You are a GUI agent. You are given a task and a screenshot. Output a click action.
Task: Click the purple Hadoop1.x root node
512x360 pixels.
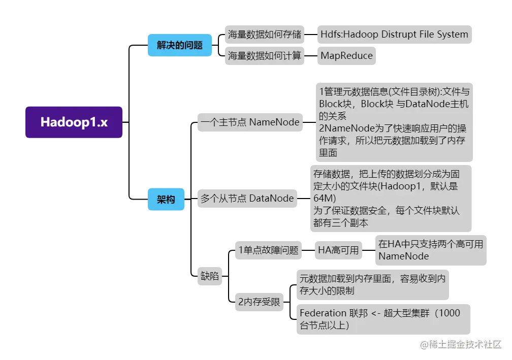(x=74, y=122)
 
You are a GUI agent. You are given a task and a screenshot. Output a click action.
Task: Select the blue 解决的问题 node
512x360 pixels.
(x=179, y=45)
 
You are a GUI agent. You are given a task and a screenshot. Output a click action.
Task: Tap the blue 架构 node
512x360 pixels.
(x=166, y=199)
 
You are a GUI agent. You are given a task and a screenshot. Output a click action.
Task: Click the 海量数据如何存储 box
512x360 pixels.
(x=264, y=35)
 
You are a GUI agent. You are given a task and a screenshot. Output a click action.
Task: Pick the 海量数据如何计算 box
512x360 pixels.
(x=264, y=55)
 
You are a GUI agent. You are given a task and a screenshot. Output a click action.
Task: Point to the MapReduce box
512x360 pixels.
(x=346, y=55)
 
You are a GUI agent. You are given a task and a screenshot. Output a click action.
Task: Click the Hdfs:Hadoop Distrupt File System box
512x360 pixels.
(x=394, y=35)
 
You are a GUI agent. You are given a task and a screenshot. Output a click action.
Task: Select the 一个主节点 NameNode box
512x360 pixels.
(x=250, y=122)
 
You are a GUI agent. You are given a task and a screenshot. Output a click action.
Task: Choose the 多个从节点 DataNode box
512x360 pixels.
(x=247, y=199)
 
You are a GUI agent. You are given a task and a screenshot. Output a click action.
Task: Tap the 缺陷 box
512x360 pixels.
(x=209, y=276)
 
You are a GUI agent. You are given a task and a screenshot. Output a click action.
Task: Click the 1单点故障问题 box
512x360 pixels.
(x=268, y=250)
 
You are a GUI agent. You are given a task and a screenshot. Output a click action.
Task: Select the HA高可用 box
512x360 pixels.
(x=338, y=250)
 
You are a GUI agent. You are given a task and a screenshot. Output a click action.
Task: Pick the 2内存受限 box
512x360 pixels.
(x=259, y=302)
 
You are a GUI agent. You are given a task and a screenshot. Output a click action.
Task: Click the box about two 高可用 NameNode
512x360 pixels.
(x=430, y=250)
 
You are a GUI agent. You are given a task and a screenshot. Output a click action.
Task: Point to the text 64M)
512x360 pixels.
(x=325, y=198)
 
